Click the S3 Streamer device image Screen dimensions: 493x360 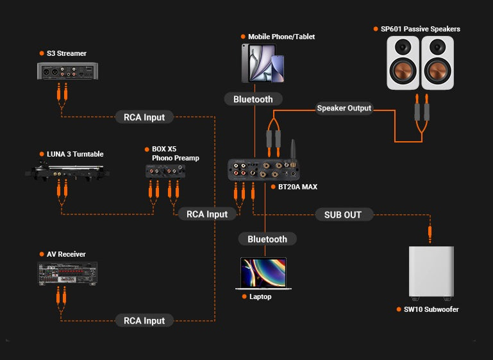coord(67,71)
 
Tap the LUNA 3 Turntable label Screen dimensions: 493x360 coord(75,154)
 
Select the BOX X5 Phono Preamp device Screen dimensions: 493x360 coord(165,171)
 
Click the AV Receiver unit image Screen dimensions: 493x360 coord(67,274)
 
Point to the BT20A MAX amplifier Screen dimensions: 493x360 coord(263,170)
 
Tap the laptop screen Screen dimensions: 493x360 coord(263,273)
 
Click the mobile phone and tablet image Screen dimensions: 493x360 coord(263,64)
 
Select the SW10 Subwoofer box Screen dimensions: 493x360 coord(431,272)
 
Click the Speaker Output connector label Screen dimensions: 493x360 coord(344,108)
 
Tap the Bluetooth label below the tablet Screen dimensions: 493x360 coord(253,99)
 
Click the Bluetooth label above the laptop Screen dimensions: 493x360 coord(267,239)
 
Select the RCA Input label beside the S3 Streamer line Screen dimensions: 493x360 coord(144,117)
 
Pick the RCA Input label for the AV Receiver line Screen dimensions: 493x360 coord(144,321)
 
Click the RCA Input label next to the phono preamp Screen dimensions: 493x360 coord(207,214)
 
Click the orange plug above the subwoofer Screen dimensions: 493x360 coord(430,234)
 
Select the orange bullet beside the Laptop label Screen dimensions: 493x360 coord(244,296)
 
